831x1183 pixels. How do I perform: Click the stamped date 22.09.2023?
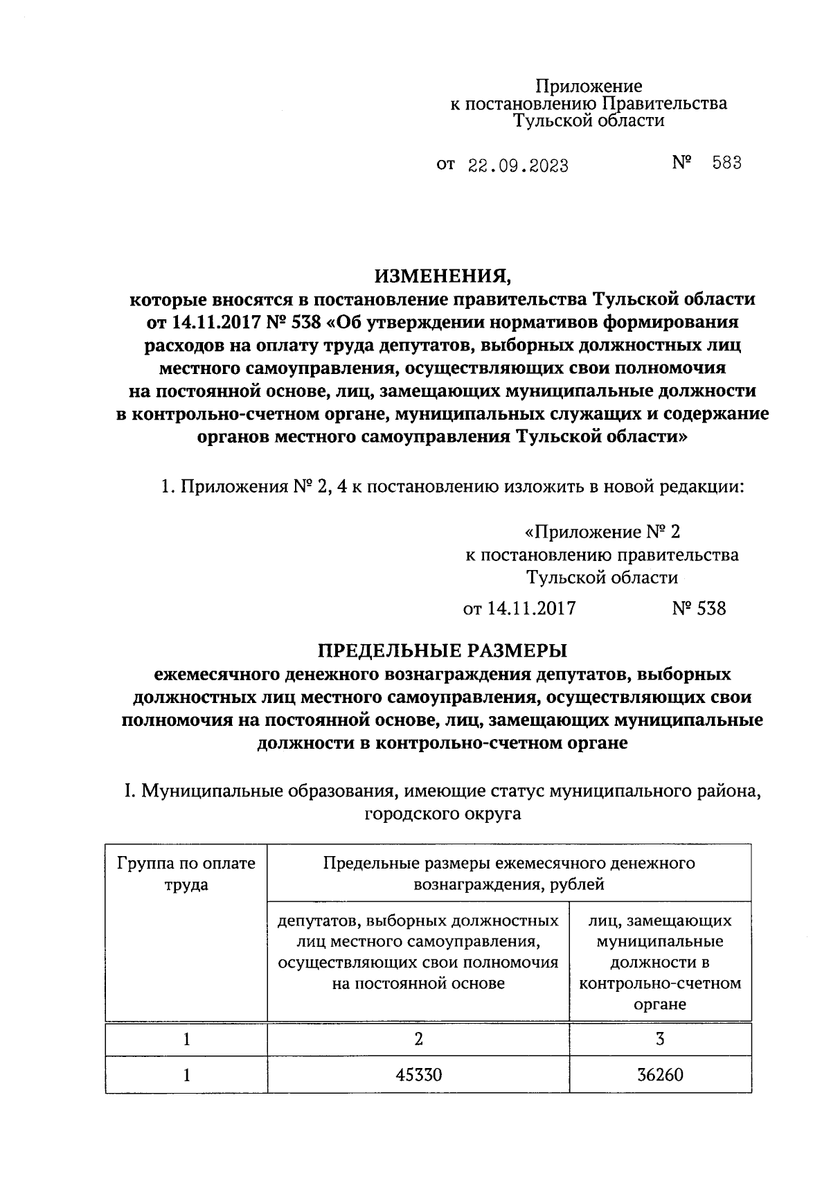pos(518,166)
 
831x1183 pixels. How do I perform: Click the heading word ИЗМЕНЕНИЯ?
pos(443,277)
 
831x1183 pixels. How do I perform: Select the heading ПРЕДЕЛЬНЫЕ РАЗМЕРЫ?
pos(442,650)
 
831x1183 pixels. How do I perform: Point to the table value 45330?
pos(418,1074)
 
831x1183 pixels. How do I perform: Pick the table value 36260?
pos(659,1074)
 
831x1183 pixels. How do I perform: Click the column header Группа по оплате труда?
pos(186,873)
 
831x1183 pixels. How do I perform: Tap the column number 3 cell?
pos(659,1039)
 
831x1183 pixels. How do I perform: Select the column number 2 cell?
pos(418,1039)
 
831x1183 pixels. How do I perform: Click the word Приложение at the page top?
pos(589,87)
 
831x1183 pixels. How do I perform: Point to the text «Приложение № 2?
pos(602,532)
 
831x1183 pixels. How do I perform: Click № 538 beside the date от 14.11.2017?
pos(699,608)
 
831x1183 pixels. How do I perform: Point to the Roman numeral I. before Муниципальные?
pos(128,791)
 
